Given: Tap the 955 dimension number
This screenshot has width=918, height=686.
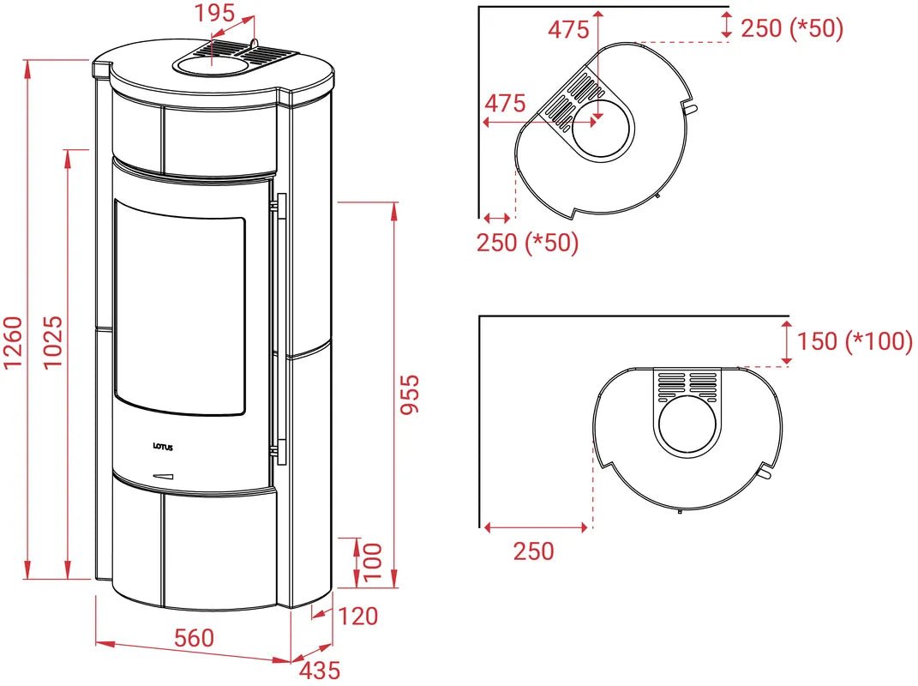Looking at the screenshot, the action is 410,394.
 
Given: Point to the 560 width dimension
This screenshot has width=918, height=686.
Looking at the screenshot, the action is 195,638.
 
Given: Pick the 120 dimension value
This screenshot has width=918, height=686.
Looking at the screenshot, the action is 357,617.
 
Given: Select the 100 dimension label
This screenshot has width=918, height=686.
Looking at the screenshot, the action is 372,562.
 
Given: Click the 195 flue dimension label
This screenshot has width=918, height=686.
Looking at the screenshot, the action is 214,13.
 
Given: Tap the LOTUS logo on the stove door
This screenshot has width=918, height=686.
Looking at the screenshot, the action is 163,447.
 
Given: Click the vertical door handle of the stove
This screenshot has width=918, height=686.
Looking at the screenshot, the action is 282,328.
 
